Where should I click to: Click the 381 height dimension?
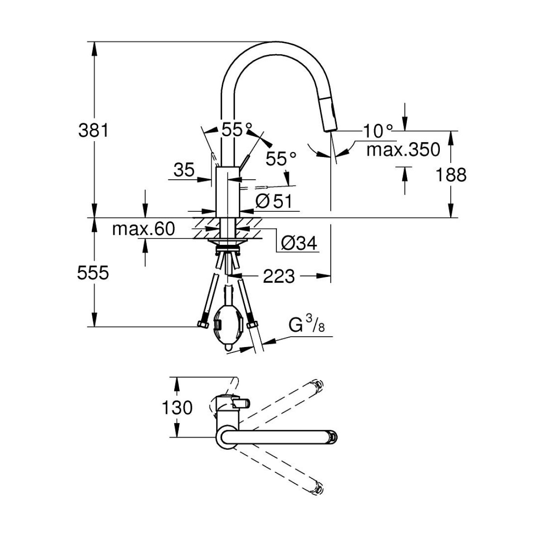point(93,131)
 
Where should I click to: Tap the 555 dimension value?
point(93,273)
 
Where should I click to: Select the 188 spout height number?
point(451,175)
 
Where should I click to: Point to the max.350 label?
point(403,150)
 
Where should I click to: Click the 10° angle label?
point(377,131)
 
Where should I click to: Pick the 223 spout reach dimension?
point(279,276)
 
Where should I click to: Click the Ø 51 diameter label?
point(274,201)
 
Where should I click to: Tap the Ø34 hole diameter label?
point(299,243)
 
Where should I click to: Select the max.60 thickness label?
point(144,229)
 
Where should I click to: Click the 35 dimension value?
point(184,170)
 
